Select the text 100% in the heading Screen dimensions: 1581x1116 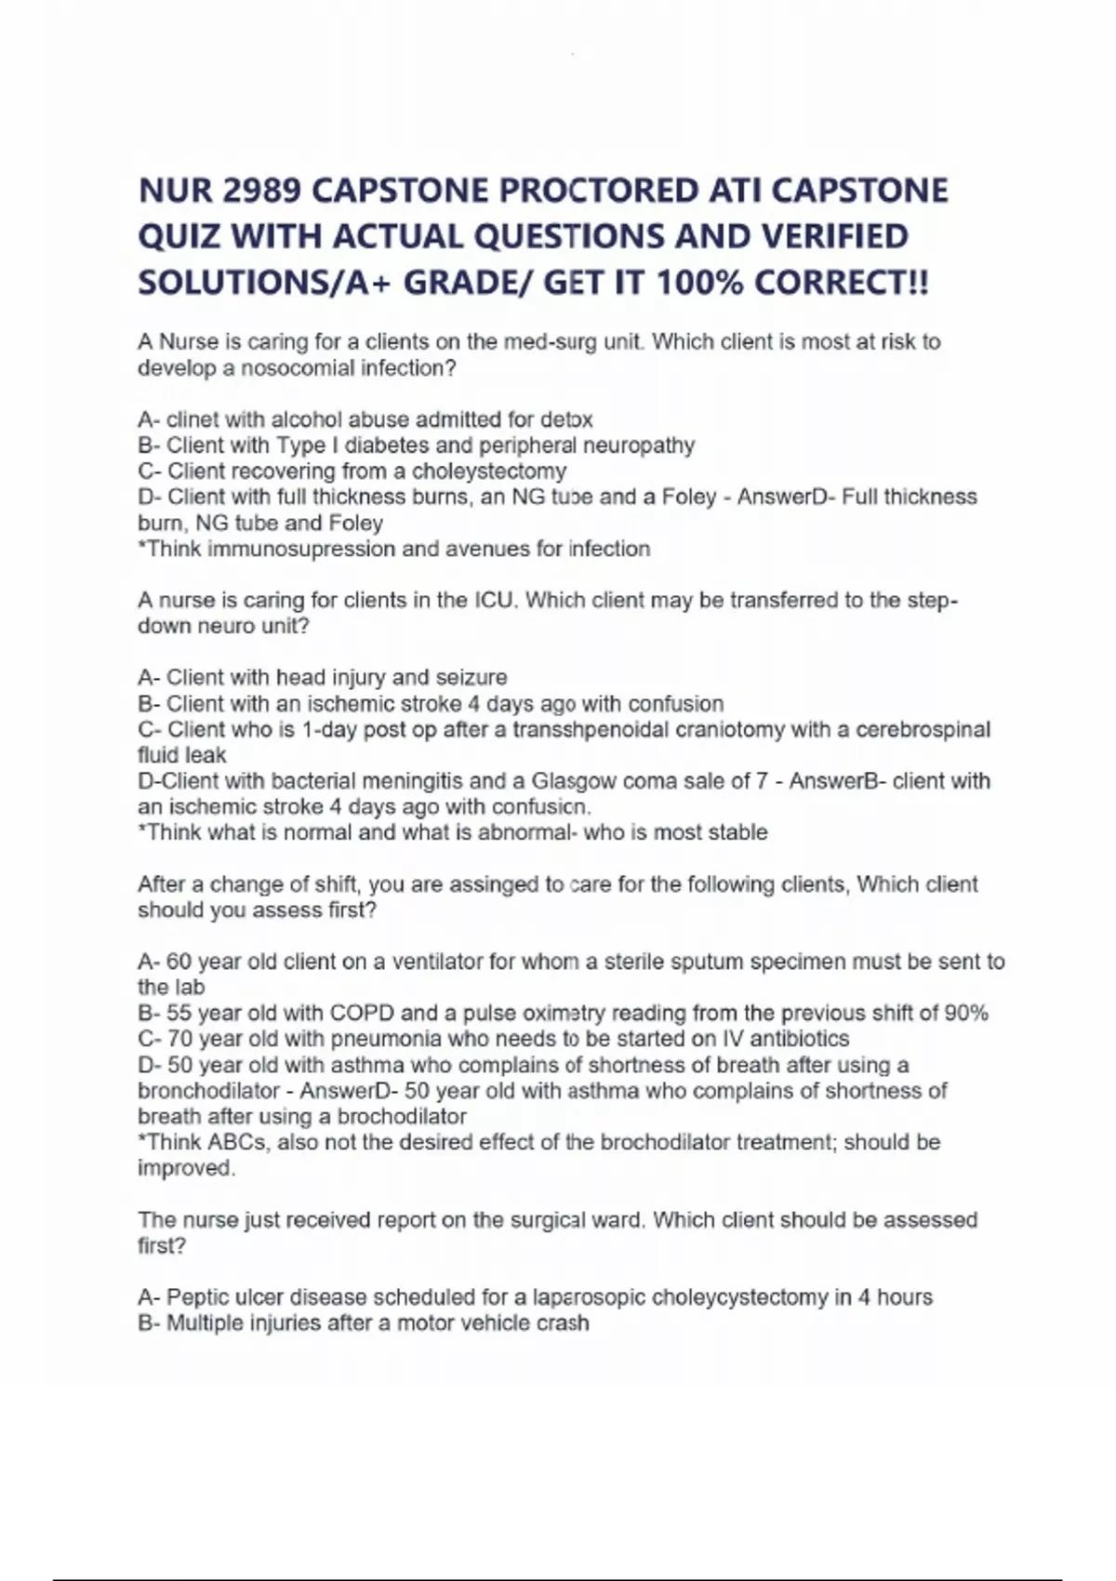point(700,282)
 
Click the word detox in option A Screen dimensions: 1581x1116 point(566,419)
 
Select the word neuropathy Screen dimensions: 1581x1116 point(639,445)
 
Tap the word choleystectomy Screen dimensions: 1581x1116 point(489,472)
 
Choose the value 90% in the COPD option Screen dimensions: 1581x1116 point(966,1013)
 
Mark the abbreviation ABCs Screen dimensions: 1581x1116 point(239,1142)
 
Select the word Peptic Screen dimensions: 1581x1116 point(197,1297)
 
